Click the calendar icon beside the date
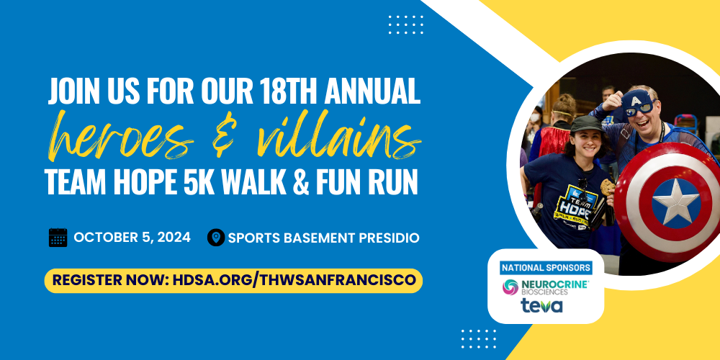[x=58, y=237]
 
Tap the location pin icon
[x=215, y=237]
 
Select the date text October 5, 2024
[x=132, y=237]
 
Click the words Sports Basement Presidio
[x=323, y=237]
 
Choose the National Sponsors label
[x=546, y=267]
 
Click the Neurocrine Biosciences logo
[x=546, y=287]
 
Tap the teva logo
[x=543, y=306]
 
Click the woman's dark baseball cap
[x=584, y=124]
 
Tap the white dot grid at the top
[x=406, y=24]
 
